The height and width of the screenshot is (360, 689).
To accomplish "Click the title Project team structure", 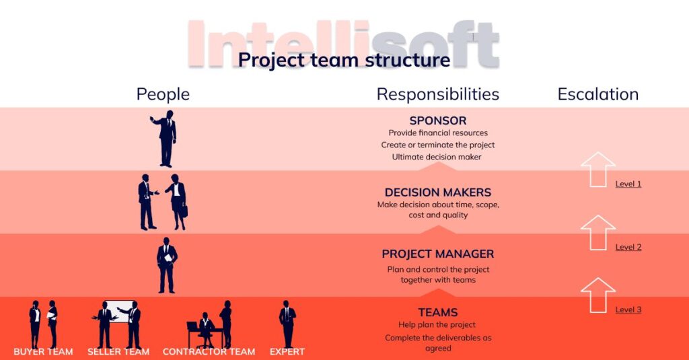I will tap(344, 60).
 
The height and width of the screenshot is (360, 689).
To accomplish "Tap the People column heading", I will tap(163, 94).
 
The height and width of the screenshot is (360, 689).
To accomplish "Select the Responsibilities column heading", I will tap(437, 94).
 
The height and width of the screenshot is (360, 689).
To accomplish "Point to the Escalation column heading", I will tap(597, 94).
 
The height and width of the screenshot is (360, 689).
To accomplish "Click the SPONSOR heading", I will tap(437, 121).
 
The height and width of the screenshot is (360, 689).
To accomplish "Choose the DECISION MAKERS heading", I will tap(437, 192).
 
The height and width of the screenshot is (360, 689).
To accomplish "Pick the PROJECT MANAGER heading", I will tap(437, 254).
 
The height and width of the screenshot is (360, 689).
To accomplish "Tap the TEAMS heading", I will tap(437, 312).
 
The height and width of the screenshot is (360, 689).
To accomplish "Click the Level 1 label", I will tap(628, 184).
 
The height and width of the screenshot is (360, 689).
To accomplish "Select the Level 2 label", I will tap(628, 247).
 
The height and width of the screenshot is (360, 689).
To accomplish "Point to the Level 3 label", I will tap(628, 310).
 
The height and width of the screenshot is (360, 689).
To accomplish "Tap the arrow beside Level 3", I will tap(597, 295).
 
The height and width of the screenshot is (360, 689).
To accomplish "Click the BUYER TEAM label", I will tap(43, 351).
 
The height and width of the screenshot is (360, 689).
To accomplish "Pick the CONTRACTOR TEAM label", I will tap(209, 351).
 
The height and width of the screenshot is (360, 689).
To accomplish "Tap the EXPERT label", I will tap(287, 351).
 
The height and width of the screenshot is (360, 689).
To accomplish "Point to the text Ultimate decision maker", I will tap(437, 157).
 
